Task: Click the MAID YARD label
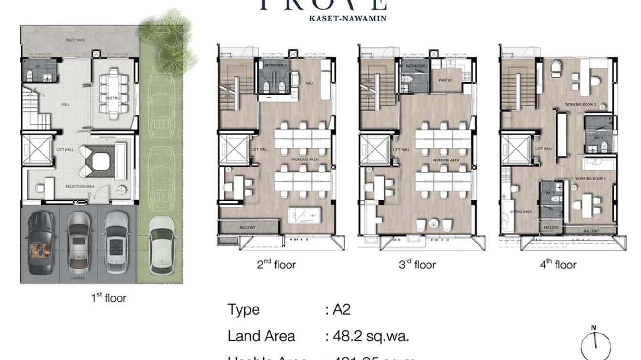tap(75, 40)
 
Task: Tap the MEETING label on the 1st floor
tap(114, 98)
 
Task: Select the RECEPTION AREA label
tap(80, 186)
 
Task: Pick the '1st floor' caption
tap(108, 298)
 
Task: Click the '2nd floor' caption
tap(276, 265)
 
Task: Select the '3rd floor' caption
tap(417, 265)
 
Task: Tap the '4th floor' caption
tap(558, 265)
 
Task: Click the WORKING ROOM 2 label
tap(579, 104)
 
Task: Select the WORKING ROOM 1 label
tap(590, 178)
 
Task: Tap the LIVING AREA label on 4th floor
tap(521, 212)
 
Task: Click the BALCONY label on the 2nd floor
tap(247, 228)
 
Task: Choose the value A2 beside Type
tap(341, 309)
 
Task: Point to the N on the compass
tap(594, 328)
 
